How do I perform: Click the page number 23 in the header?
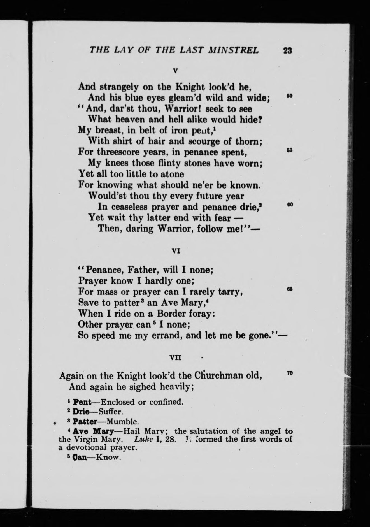[288, 50]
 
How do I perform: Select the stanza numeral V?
[175, 71]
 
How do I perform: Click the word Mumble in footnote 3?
[123, 421]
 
